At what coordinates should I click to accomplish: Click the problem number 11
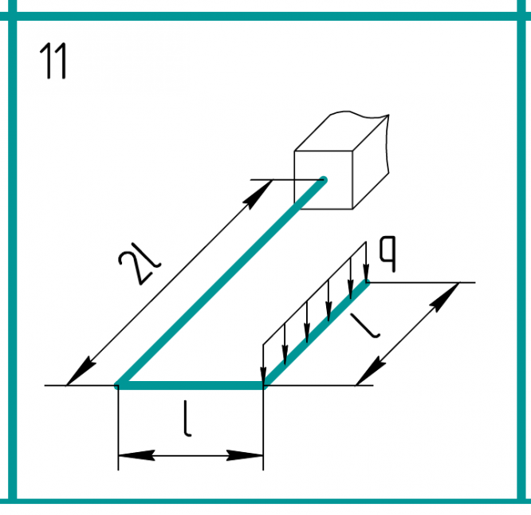coord(53,61)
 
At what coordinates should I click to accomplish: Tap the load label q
coord(387,254)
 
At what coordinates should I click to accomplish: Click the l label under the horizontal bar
coord(187,419)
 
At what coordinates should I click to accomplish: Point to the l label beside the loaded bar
coord(365,326)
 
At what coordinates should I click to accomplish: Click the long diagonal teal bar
coord(220,283)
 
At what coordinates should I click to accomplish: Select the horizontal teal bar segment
coord(190,385)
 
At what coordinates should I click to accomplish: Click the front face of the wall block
coord(324,180)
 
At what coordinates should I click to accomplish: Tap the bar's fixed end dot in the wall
coord(324,180)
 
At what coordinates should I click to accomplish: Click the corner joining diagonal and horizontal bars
coord(118,385)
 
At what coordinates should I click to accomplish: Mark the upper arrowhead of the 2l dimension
coord(258,195)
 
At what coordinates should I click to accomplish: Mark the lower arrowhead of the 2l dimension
coord(81,371)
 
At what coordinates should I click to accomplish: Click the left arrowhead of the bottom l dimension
coord(136,455)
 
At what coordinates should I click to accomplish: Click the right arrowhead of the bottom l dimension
coord(245,455)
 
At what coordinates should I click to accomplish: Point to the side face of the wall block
coord(371,162)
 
